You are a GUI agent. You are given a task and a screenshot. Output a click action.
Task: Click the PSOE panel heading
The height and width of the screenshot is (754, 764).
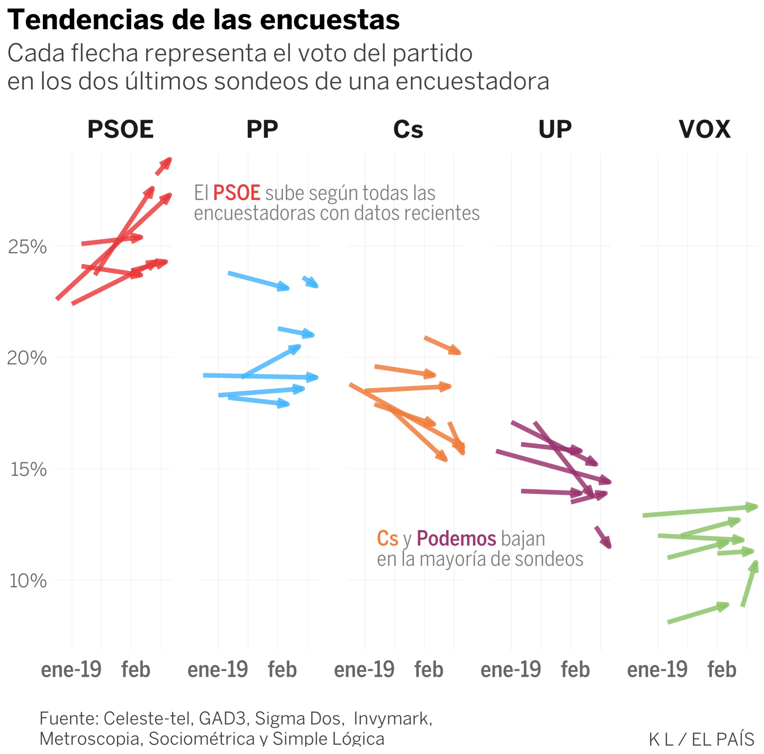tap(120, 129)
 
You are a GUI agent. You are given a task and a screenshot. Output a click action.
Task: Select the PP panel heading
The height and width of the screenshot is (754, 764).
tap(262, 129)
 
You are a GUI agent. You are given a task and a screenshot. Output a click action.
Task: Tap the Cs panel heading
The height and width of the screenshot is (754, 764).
tap(408, 129)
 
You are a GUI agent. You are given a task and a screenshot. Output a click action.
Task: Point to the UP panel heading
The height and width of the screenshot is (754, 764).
tap(555, 129)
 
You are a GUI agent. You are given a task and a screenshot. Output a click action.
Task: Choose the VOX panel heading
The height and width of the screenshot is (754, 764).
tap(704, 129)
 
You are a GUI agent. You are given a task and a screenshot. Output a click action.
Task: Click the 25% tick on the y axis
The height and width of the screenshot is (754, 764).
tap(27, 247)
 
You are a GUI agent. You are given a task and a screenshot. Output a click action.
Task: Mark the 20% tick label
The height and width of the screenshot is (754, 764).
tap(27, 358)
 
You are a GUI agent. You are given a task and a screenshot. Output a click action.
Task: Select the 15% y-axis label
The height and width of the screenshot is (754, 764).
tap(28, 470)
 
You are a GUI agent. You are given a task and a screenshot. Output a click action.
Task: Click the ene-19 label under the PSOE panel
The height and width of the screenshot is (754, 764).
tap(71, 670)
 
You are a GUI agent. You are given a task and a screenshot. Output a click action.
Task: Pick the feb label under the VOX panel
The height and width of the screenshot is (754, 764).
tap(722, 670)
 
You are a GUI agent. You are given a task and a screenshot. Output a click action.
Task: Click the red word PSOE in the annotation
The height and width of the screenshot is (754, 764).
tap(237, 193)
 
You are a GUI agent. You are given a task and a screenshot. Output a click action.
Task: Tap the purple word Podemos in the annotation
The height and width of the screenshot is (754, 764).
tap(456, 539)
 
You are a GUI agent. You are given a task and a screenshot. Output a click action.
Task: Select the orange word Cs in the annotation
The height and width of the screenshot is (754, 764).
tap(387, 539)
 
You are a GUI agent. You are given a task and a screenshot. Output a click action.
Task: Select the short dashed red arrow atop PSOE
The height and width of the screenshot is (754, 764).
tap(163, 166)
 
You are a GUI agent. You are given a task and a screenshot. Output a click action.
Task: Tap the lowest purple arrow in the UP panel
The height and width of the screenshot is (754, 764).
tap(603, 537)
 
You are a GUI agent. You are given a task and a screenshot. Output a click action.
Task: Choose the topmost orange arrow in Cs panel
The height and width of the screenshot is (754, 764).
tap(442, 345)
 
